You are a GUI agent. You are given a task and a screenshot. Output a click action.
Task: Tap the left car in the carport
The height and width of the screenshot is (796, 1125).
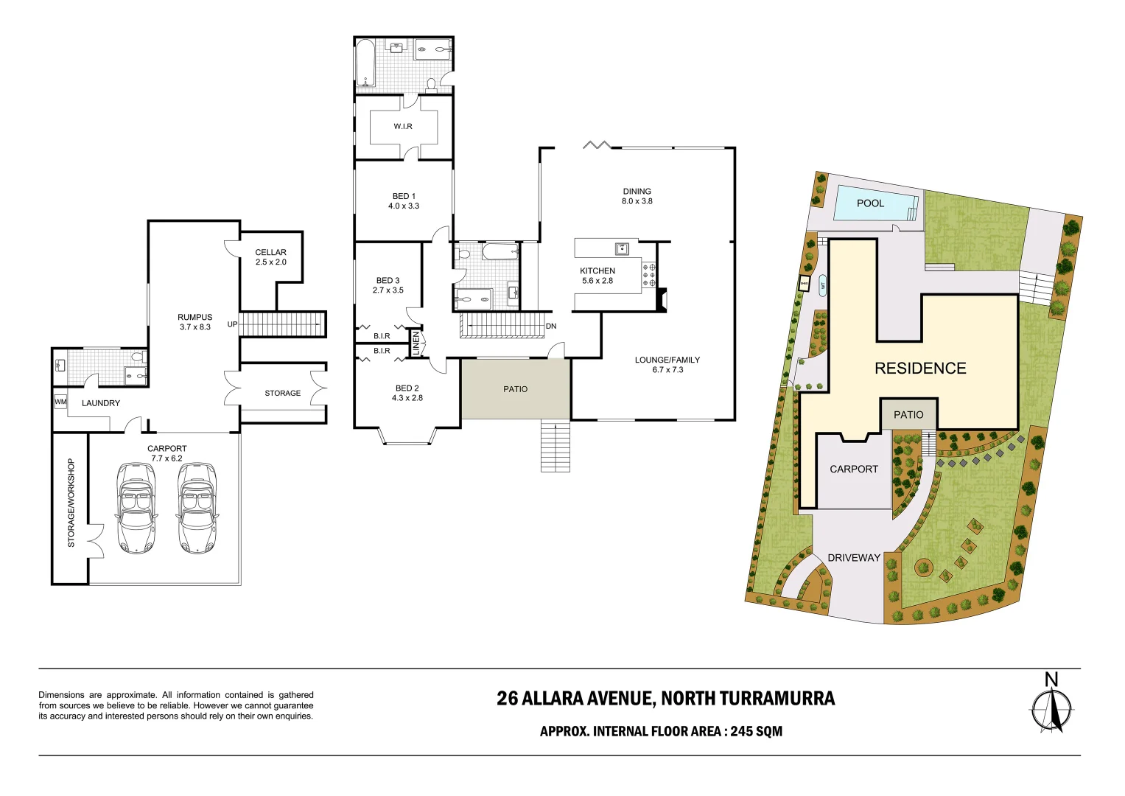136,508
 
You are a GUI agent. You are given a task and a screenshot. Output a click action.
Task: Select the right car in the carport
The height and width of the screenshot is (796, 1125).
197,508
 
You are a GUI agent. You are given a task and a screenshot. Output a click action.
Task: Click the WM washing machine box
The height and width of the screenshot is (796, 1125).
60,402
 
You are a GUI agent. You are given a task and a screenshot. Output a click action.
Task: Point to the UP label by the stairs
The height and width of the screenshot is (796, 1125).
232,324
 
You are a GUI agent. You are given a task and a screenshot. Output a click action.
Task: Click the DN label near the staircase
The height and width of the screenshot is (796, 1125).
551,326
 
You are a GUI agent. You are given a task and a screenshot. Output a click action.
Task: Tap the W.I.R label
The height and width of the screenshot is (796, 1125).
403,127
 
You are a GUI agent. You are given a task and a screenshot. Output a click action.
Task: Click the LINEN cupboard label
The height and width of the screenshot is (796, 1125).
416,343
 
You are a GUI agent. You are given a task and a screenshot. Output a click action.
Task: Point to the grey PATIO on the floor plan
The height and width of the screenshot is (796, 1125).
516,389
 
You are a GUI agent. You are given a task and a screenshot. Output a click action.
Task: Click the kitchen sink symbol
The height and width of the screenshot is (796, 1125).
622,248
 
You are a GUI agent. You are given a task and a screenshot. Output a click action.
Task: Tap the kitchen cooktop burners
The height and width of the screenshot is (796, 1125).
649,275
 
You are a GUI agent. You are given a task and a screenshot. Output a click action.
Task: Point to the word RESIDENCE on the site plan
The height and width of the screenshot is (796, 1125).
920,369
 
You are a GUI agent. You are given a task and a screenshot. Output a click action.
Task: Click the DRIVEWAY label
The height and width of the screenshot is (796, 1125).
854,558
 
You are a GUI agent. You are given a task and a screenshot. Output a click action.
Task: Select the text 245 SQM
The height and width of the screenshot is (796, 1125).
757,731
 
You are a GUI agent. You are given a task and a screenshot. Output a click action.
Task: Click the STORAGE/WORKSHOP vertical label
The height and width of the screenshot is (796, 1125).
71,503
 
